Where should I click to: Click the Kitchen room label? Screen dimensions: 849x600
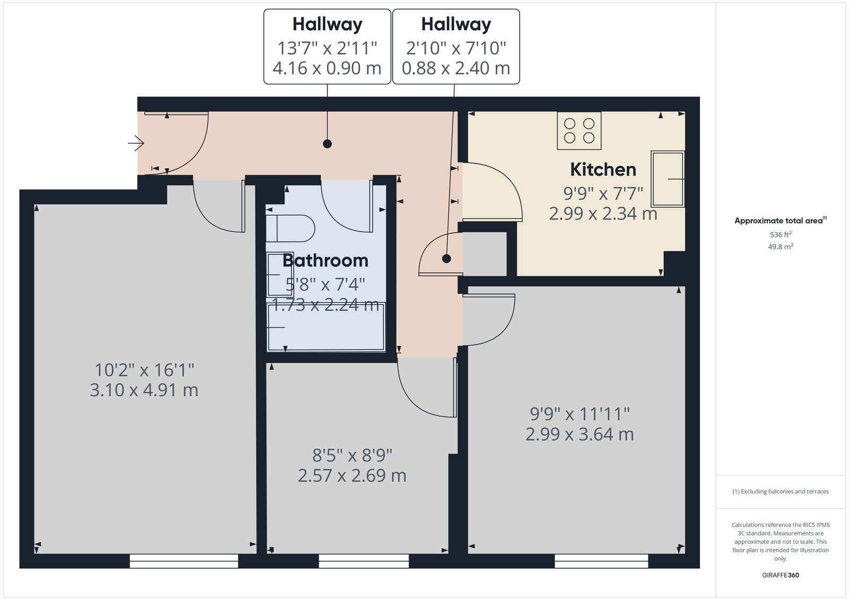603,170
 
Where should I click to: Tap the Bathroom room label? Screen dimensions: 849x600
326,261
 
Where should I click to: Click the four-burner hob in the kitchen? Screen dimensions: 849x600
579,130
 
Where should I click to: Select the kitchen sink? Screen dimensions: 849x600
668,179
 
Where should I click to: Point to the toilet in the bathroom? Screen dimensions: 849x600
290,228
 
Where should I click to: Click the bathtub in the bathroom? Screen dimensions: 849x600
326,327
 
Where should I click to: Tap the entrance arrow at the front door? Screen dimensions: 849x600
136,143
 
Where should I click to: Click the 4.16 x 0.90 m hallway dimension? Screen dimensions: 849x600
327,68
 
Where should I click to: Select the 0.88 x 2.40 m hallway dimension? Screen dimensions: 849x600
456,68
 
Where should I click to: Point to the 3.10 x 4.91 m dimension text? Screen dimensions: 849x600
144,390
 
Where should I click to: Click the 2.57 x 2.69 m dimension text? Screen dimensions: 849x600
352,476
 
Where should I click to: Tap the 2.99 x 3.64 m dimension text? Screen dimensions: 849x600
579,434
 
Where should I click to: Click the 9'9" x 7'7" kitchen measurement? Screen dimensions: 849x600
603,193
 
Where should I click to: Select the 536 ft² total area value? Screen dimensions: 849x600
781,235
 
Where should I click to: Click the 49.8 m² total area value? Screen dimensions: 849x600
781,247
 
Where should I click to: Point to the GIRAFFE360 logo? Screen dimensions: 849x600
781,575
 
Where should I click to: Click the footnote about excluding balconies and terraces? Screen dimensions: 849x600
781,491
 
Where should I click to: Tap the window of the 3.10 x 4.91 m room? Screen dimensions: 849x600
184,561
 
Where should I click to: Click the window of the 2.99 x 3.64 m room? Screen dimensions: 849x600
602,561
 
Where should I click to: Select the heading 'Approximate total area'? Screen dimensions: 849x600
781,220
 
